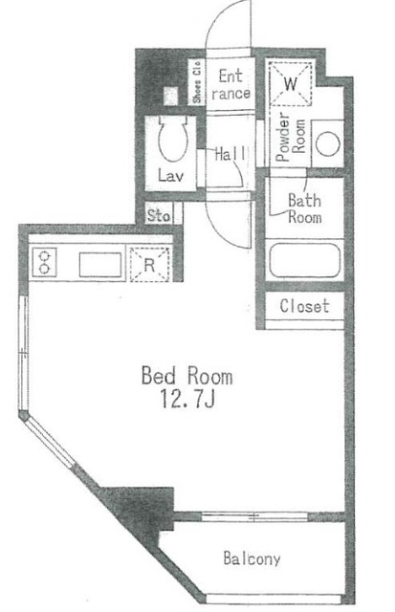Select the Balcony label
coord(252,558)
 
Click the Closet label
coord(305,307)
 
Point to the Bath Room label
coord(304,208)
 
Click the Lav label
coord(170,176)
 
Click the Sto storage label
coord(158,215)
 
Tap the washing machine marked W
coord(292,83)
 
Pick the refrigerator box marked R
coord(151,265)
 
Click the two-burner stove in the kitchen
coord(46,262)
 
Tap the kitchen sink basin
coord(98,263)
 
